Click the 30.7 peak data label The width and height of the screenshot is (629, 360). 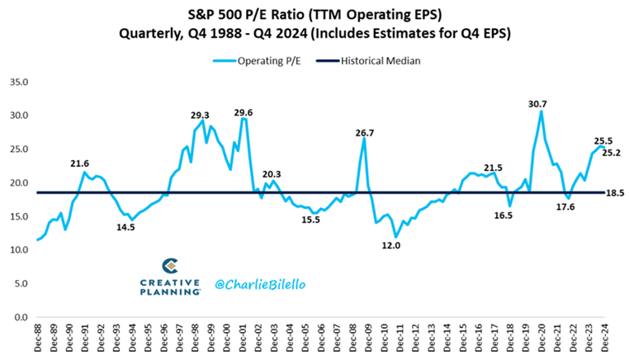click(539, 103)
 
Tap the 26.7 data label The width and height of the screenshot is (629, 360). click(363, 132)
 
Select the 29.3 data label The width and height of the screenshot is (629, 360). click(200, 116)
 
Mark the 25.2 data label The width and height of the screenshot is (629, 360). click(612, 153)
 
